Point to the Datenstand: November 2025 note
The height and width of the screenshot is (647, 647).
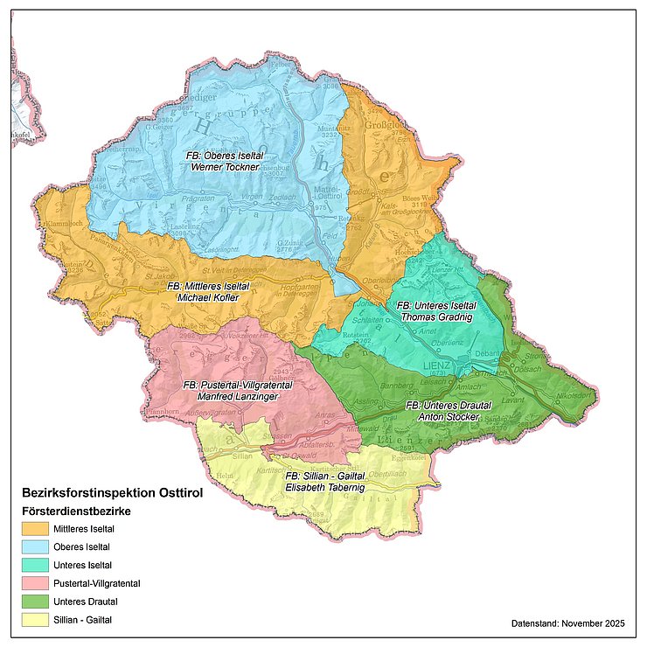567,623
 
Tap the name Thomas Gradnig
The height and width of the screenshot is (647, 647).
436,317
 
